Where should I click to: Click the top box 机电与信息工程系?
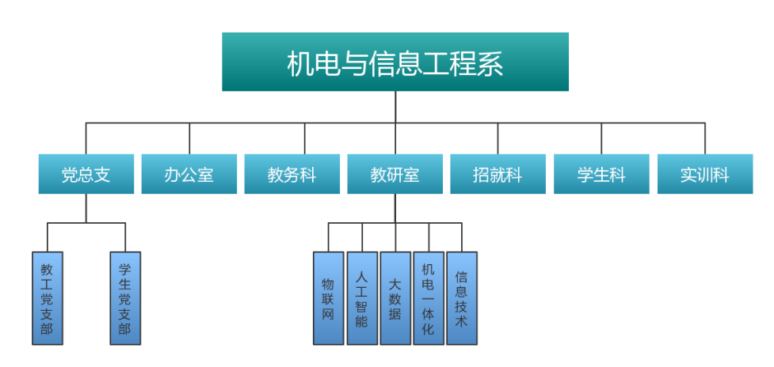(x=395, y=62)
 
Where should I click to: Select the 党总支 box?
(x=86, y=174)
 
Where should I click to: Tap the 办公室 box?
(x=189, y=174)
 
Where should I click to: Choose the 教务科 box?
(x=292, y=174)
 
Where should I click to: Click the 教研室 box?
(x=395, y=174)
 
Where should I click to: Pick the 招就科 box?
(x=498, y=174)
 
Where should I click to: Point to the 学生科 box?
(x=601, y=174)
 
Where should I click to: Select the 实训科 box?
(x=705, y=174)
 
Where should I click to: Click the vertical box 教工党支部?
(x=48, y=298)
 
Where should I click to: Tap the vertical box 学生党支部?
(x=125, y=298)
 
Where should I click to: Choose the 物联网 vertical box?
(x=328, y=298)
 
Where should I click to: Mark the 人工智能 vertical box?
(x=362, y=298)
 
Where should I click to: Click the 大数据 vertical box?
(x=395, y=298)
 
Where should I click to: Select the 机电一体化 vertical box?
(x=429, y=298)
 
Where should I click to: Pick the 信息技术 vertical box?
(x=462, y=298)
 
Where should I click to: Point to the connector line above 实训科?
(x=705, y=138)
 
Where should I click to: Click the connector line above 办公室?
(x=189, y=138)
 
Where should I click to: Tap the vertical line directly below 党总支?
(x=86, y=208)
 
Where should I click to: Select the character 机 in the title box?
(x=300, y=64)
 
